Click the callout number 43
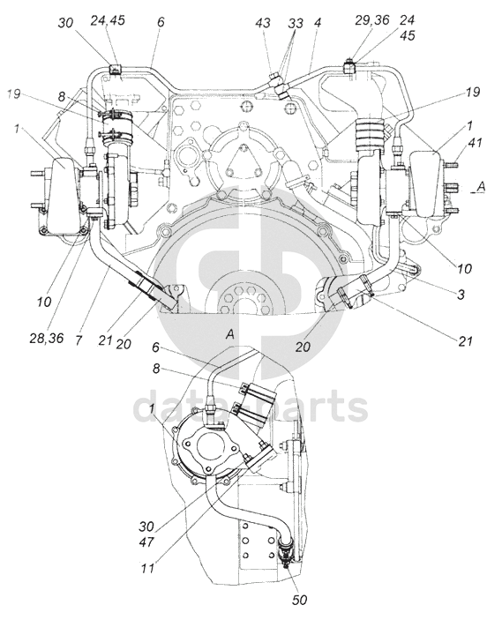(263, 23)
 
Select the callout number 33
(295, 23)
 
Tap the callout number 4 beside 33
(318, 22)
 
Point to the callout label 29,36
(371, 19)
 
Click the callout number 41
(475, 142)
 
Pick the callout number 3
(461, 295)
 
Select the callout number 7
(79, 340)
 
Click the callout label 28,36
(47, 339)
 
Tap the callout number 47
(146, 542)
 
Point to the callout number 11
(147, 569)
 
